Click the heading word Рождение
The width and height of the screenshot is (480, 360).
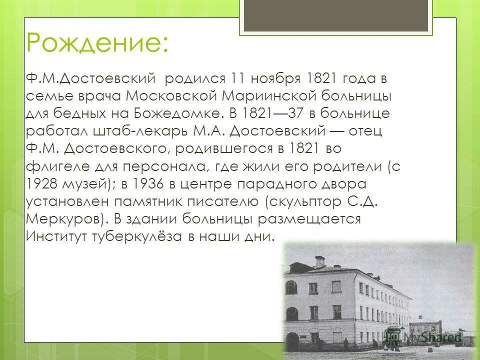(97, 43)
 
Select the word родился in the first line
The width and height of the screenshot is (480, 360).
(194, 78)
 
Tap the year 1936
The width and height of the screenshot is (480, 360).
(145, 183)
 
